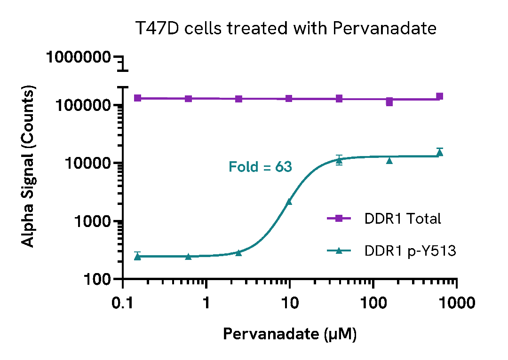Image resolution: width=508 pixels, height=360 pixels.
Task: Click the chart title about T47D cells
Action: point(286,29)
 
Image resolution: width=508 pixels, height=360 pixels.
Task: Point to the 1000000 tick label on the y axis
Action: point(79,58)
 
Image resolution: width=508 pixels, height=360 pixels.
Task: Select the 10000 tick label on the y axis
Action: point(87,164)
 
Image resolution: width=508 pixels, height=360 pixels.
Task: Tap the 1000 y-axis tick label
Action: point(92,221)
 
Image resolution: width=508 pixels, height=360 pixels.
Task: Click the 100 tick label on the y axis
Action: point(96,280)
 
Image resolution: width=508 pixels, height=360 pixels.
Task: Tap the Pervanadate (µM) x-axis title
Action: point(289,334)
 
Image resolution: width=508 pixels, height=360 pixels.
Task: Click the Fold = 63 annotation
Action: point(260,167)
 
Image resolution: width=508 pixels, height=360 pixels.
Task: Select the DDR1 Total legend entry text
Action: point(403,219)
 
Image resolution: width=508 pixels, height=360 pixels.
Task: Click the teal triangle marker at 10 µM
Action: point(289,202)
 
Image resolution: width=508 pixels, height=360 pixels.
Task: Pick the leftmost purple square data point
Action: point(138,98)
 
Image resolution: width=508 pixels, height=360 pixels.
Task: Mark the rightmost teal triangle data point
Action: point(440,153)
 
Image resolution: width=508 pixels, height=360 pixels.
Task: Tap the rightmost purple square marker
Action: point(440,96)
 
